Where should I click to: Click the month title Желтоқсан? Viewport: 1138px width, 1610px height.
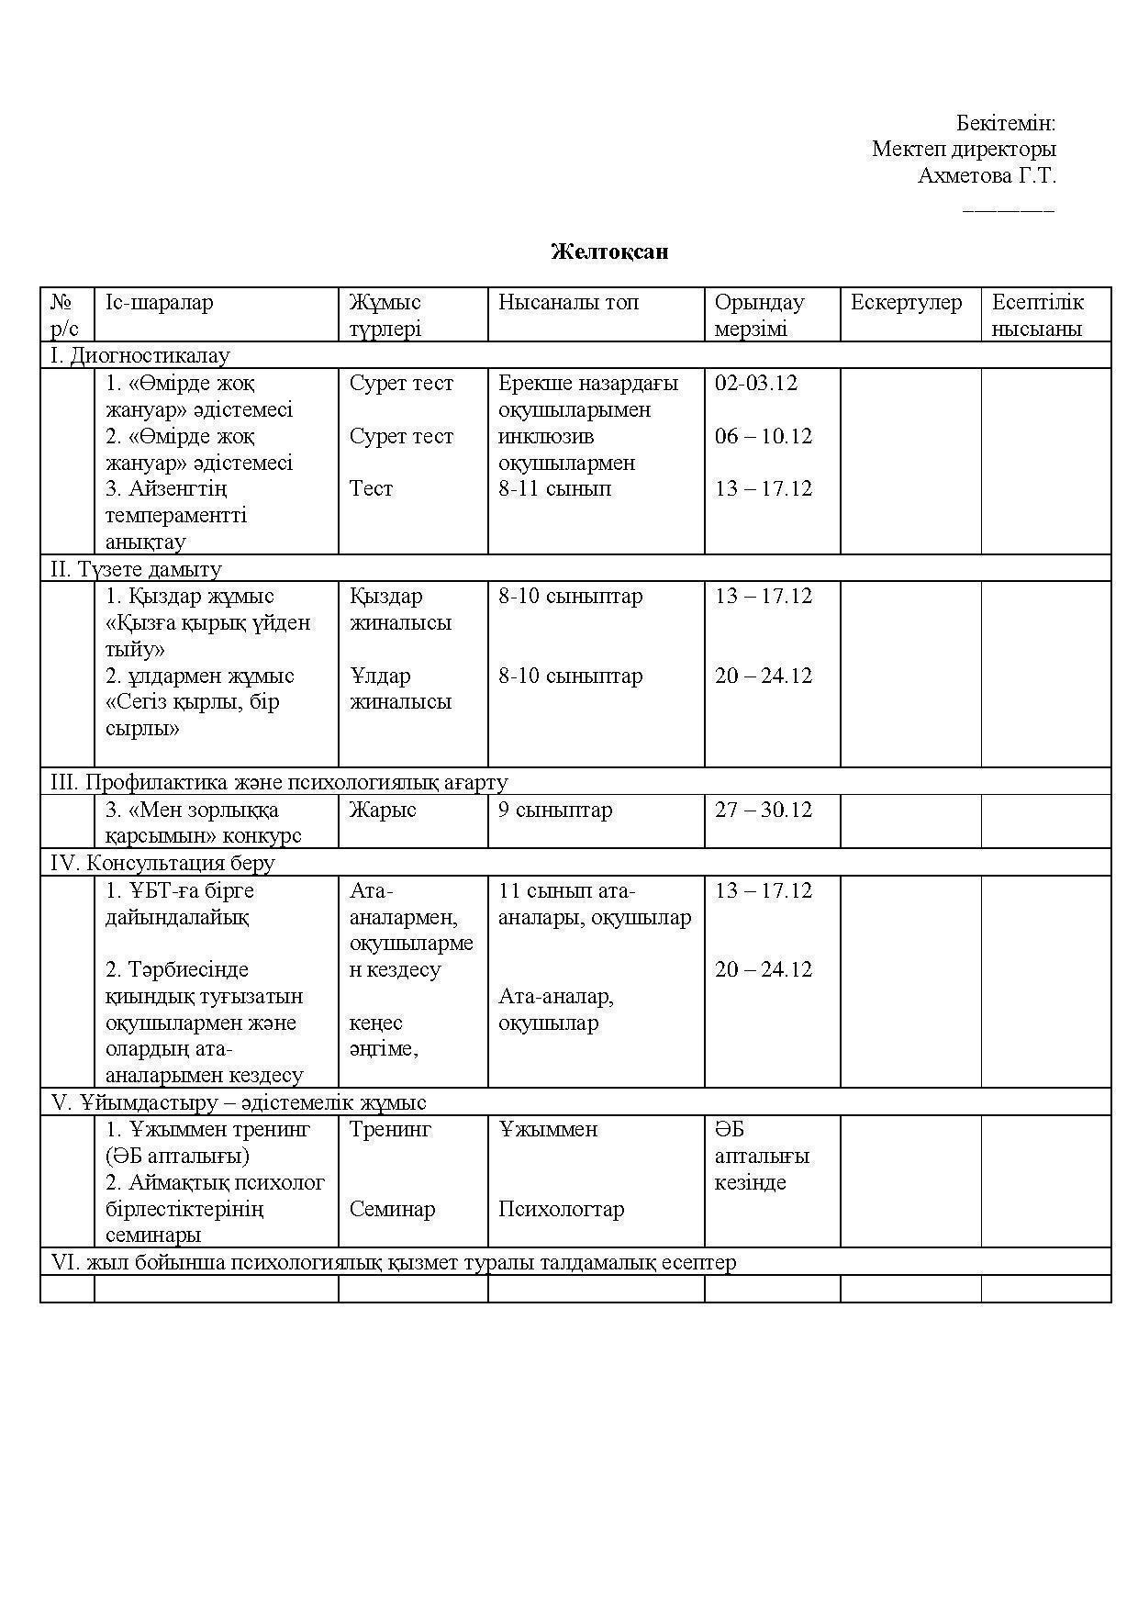609,252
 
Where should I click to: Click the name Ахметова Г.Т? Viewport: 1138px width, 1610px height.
987,175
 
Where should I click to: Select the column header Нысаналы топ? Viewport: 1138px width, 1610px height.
568,303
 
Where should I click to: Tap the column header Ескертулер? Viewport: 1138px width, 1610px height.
906,303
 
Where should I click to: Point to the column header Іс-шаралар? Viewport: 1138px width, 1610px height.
160,303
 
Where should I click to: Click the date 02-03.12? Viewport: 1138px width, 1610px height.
756,384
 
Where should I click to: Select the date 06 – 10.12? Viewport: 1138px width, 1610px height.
764,436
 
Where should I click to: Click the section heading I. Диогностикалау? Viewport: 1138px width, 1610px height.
139,356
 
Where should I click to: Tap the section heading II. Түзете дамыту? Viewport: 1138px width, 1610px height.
136,570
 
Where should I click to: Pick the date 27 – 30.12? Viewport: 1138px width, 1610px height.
764,811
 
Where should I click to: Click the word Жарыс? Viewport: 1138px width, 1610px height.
383,811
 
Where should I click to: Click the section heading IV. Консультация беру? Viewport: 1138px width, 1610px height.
162,864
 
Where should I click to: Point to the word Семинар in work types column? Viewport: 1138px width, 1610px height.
392,1210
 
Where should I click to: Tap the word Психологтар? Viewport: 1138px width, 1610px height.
561,1210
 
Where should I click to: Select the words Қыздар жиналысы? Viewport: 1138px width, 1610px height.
400,609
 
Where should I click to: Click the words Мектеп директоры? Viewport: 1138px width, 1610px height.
964,149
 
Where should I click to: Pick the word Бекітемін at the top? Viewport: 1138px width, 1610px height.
1006,123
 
